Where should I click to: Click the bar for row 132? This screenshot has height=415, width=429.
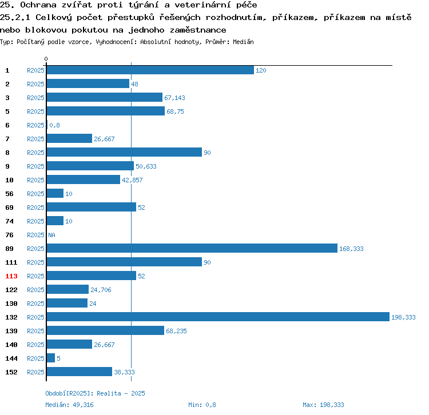(218, 317)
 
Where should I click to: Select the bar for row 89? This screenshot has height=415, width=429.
(192, 248)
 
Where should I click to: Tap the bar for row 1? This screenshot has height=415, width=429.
(150, 70)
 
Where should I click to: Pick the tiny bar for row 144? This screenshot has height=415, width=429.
(51, 358)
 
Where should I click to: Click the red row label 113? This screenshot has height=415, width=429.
(11, 276)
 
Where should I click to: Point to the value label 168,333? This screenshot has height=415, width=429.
(351, 249)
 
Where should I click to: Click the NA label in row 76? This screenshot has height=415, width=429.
(51, 235)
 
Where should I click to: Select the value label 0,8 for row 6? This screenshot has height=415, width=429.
(54, 125)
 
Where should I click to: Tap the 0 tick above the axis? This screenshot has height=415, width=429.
(46, 59)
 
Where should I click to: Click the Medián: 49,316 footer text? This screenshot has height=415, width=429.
(69, 405)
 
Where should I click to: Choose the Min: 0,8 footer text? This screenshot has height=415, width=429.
(202, 405)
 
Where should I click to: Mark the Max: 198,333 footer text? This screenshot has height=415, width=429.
(323, 405)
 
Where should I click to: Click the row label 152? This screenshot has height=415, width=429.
(11, 372)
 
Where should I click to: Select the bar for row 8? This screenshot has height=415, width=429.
(124, 152)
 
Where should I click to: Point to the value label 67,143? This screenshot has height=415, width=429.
(174, 98)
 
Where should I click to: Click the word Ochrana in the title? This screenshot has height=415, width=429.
(38, 5)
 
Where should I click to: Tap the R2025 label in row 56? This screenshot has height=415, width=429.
(35, 194)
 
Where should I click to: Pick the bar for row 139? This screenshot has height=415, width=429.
(105, 330)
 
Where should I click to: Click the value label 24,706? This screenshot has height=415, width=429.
(101, 290)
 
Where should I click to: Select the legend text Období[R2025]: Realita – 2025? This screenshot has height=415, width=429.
(95, 393)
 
